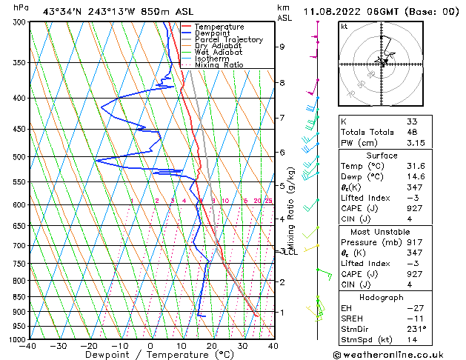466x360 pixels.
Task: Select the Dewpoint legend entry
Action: [x=212, y=33]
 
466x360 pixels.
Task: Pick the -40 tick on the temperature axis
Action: [x=28, y=346]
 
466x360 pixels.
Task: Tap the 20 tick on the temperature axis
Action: [x=212, y=346]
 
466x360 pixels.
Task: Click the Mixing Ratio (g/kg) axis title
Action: [x=291, y=208]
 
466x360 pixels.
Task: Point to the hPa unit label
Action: [x=21, y=8]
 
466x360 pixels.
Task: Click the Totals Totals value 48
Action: [x=412, y=132]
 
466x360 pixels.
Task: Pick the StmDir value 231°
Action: [x=416, y=329]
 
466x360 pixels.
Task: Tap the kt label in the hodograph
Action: [x=344, y=26]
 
